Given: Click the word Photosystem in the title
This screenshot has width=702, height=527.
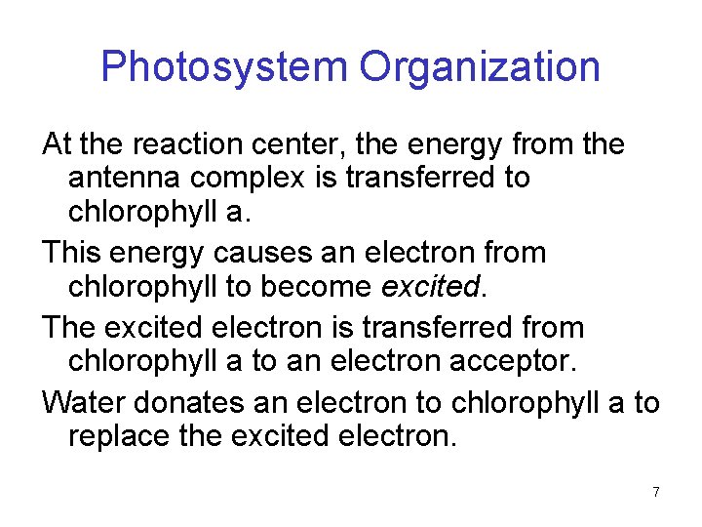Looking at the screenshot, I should (224, 68).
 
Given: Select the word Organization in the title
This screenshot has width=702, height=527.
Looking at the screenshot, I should (480, 68).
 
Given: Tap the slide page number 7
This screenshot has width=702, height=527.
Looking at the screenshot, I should (656, 493).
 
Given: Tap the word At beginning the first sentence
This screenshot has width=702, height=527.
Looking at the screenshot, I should (58, 145).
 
